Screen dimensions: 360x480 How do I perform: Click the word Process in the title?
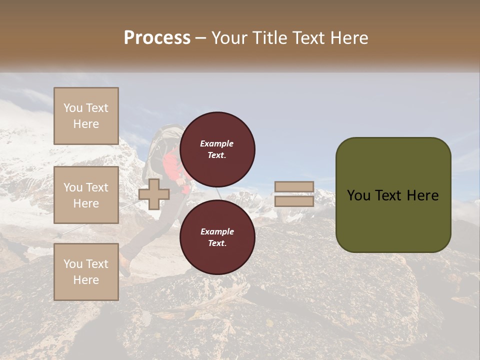[x=157, y=38]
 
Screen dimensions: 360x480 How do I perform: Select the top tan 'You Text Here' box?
[x=86, y=116]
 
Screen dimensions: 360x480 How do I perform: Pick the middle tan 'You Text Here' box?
[x=86, y=195]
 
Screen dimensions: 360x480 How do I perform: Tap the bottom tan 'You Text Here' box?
[x=86, y=271]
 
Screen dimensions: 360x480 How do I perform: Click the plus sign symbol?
[x=153, y=194]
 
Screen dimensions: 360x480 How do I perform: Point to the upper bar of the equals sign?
[x=294, y=186]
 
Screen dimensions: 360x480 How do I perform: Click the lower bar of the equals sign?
[x=294, y=201]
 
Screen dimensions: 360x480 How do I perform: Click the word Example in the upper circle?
[x=216, y=143]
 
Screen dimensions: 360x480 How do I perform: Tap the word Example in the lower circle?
[x=217, y=231]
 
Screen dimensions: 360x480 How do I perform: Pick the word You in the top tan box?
[x=72, y=108]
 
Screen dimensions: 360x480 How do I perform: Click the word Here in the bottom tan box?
[x=86, y=279]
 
